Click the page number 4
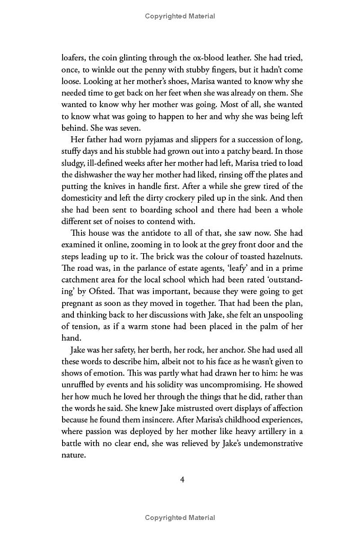(x=182, y=479)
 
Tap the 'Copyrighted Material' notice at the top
(x=180, y=16)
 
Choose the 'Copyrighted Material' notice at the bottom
(x=180, y=518)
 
